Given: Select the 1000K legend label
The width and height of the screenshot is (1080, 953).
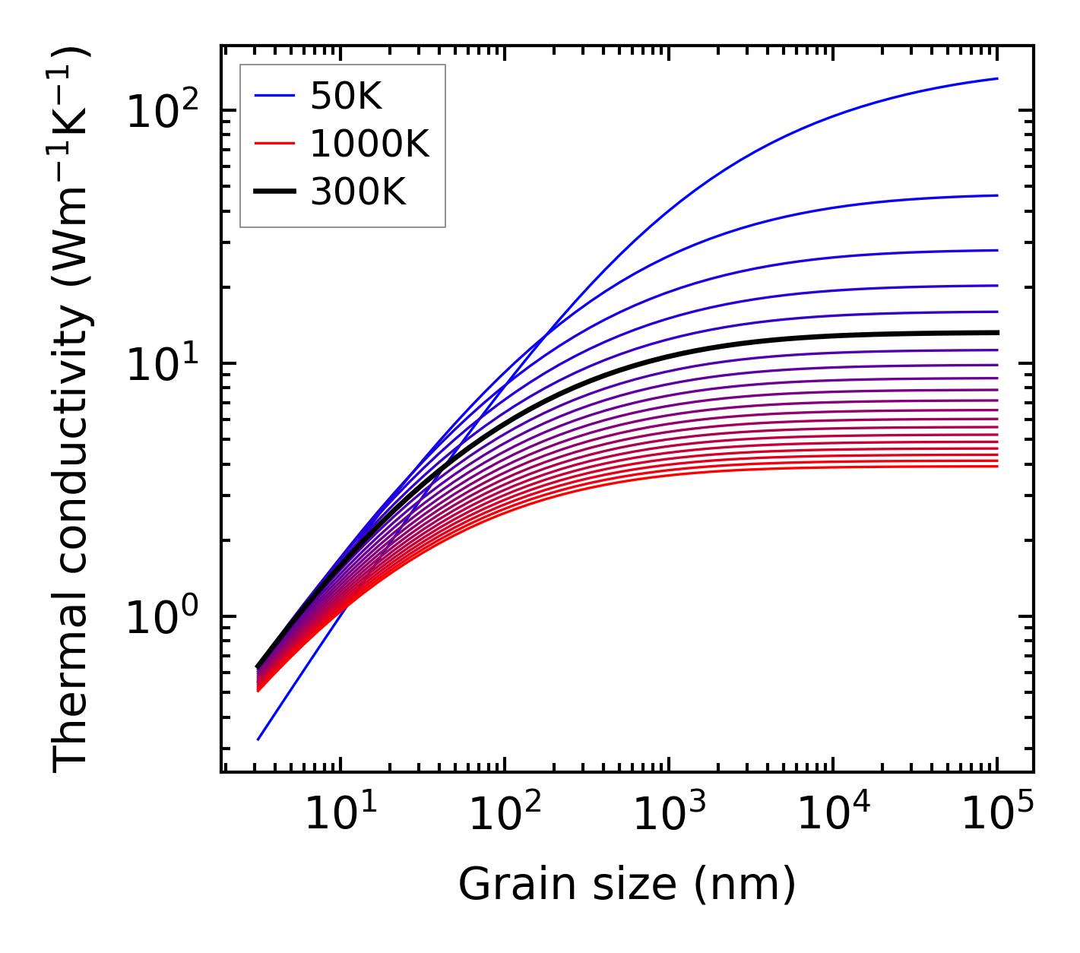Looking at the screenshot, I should pyautogui.click(x=369, y=144).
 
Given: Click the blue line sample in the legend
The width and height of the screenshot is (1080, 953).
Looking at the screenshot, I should pyautogui.click(x=274, y=96).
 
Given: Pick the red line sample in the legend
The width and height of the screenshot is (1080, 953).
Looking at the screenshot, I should pyautogui.click(x=274, y=144).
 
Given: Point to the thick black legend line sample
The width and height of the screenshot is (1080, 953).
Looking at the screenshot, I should pyautogui.click(x=274, y=192).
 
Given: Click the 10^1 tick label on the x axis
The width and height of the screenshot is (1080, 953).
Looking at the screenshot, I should pyautogui.click(x=340, y=815).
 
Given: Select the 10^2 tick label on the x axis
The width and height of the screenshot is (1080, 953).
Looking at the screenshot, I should pyautogui.click(x=504, y=815).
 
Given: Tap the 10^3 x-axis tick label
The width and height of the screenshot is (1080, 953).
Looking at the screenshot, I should pyautogui.click(x=668, y=815).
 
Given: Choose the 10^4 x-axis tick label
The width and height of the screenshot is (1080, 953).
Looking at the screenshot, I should pyautogui.click(x=833, y=815).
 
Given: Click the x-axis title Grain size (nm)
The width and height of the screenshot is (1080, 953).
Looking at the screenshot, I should pyautogui.click(x=627, y=885).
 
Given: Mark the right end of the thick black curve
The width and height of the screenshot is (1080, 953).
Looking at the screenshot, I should pyautogui.click(x=997, y=332).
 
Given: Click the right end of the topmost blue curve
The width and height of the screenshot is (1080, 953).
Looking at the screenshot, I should pyautogui.click(x=997, y=78).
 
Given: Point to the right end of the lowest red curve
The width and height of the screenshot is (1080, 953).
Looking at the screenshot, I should pyautogui.click(x=997, y=466).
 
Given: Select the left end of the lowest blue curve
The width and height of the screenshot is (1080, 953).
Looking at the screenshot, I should pyautogui.click(x=258, y=739).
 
